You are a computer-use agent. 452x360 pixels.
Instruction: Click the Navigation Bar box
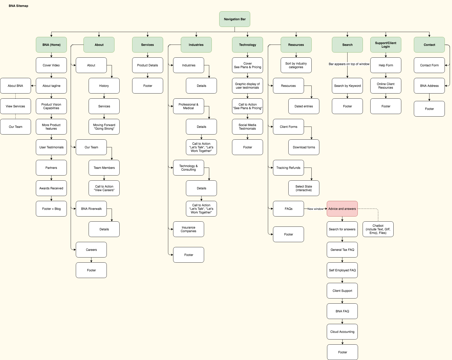pos(235,19)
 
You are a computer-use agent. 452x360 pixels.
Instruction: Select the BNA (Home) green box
pos(51,45)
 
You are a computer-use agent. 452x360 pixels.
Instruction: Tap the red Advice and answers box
pos(342,209)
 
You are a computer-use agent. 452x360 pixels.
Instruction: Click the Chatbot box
pos(378,229)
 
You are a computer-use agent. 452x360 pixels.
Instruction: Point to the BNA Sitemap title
pos(18,6)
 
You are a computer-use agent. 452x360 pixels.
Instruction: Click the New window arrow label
pos(315,209)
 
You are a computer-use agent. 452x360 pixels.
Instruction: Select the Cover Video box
pos(51,65)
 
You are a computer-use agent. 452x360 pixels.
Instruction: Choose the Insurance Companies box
pos(188,229)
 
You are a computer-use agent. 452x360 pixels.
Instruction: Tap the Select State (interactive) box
pos(304,188)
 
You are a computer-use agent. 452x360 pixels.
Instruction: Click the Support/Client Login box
pos(386,45)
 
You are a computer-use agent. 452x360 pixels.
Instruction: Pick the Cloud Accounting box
pos(342,332)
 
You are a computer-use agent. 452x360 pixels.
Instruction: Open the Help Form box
pos(386,65)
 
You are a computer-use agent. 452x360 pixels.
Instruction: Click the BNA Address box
pos(429,86)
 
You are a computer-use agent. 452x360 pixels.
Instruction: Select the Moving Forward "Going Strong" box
pos(104,127)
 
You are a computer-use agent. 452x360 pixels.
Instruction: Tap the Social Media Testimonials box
pos(247,127)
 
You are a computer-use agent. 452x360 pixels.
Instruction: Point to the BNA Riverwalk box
pos(91,209)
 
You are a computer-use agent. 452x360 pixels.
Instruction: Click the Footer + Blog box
pos(51,209)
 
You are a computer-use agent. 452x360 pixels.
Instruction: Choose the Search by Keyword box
pos(347,86)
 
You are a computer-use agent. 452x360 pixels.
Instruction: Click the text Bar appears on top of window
pos(349,64)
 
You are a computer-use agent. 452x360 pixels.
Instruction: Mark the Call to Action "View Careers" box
pos(104,188)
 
